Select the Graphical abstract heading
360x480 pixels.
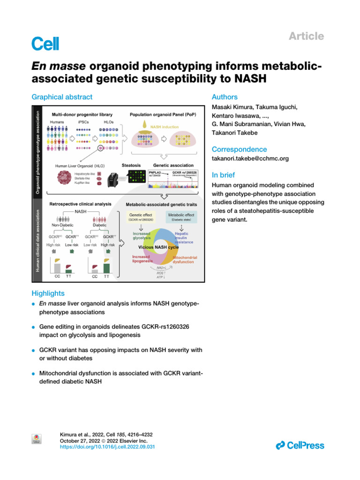[x=62, y=97]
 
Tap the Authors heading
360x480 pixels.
[x=225, y=97]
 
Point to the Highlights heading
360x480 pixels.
[x=48, y=293]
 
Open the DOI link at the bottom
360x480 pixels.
[x=107, y=448]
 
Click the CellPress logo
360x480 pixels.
[x=300, y=445]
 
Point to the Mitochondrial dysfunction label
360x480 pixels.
[x=184, y=260]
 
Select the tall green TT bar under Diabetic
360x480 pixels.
[x=106, y=267]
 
